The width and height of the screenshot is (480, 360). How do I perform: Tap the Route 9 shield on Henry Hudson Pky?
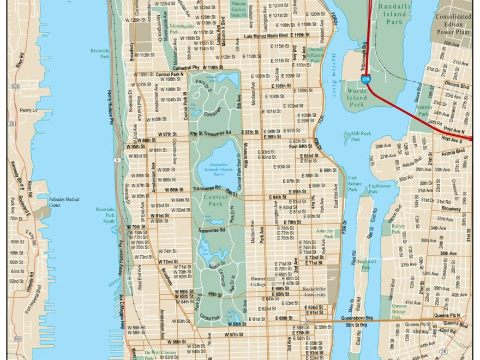[117, 160]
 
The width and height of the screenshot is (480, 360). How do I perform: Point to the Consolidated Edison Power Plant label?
[454, 25]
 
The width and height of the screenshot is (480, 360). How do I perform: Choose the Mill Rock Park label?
[361, 136]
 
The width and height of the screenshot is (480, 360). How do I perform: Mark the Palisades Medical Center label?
[64, 202]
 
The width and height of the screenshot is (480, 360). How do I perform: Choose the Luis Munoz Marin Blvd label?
[269, 35]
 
